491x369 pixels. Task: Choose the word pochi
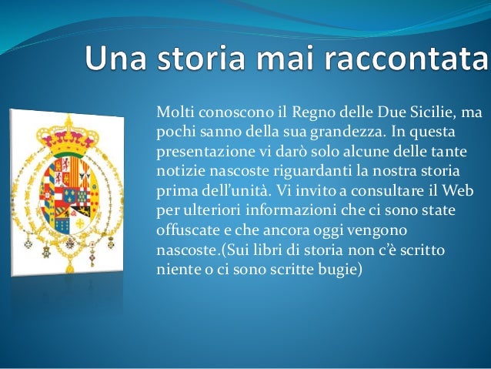pyautogui.click(x=173, y=132)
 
